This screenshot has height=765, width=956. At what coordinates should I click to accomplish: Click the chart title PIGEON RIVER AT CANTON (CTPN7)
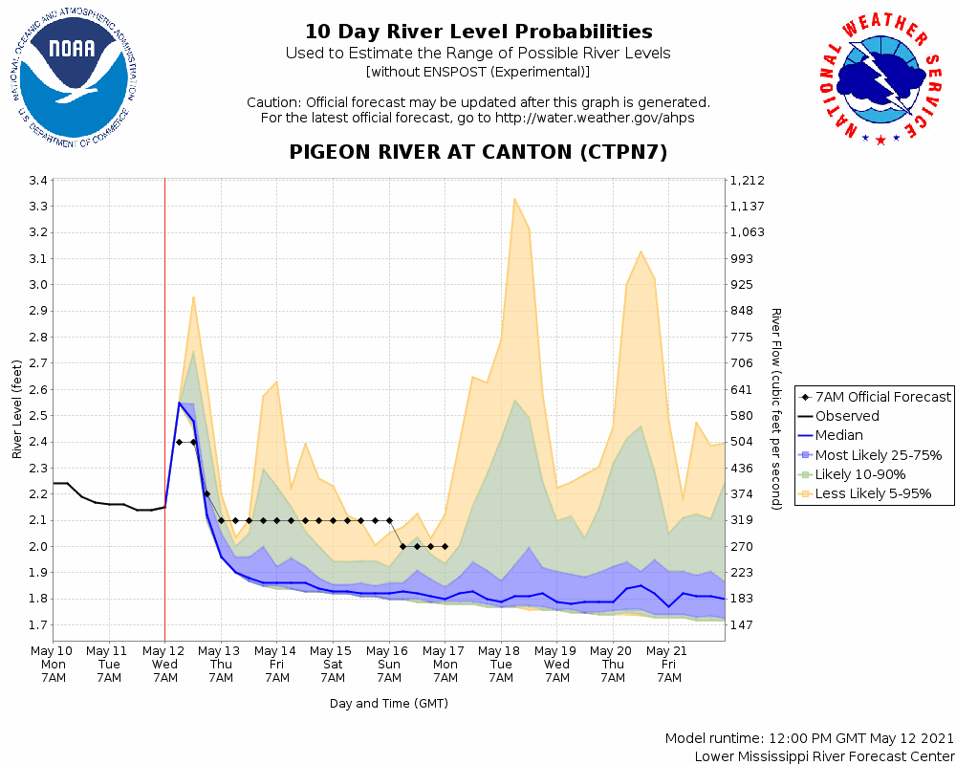tap(478, 153)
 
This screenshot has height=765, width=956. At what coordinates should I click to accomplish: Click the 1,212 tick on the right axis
tap(746, 181)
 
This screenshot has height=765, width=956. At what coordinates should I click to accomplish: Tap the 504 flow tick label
tap(742, 442)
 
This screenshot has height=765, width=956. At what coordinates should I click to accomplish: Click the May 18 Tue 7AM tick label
tap(500, 665)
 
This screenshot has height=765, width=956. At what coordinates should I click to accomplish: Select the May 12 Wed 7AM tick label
tap(165, 665)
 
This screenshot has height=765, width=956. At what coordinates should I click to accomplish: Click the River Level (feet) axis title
tap(17, 409)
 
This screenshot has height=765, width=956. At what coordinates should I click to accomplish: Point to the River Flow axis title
tap(776, 409)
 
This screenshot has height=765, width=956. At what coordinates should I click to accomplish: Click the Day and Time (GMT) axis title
tap(389, 704)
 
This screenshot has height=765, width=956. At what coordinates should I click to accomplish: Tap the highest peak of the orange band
tap(514, 199)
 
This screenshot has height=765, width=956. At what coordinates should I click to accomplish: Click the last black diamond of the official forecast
tap(445, 546)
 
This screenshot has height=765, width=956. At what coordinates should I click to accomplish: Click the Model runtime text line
tap(810, 739)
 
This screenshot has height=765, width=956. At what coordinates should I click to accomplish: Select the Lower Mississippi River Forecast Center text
tap(824, 756)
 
